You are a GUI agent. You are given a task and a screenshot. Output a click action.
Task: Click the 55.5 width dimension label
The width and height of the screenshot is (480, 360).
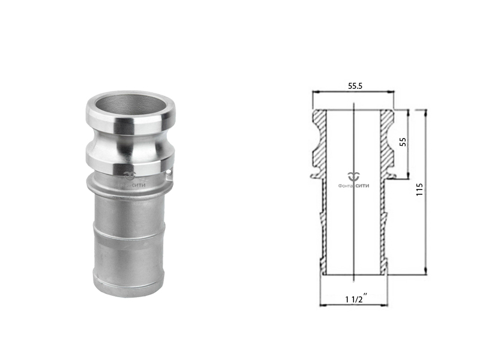pyautogui.click(x=355, y=86)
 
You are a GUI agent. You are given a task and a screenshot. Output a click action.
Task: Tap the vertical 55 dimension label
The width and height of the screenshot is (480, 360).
pyautogui.click(x=403, y=142)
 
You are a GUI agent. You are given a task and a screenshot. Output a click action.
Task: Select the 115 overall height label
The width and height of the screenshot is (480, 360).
pyautogui.click(x=419, y=190)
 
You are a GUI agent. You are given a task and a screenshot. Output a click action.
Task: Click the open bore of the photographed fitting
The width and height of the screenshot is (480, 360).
pyautogui.click(x=130, y=106)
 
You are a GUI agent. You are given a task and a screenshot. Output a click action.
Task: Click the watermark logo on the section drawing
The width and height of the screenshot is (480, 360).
pyautogui.click(x=354, y=176)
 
